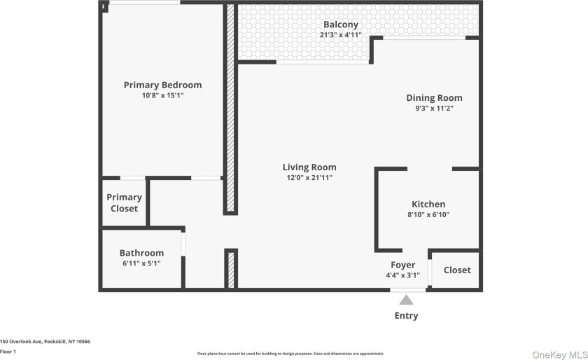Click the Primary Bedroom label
(x=162, y=85)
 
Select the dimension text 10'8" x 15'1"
(x=162, y=96)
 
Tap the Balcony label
(x=341, y=25)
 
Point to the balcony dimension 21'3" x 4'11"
(x=341, y=35)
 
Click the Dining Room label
(x=434, y=98)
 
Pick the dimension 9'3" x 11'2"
(x=434, y=109)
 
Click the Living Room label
(x=309, y=167)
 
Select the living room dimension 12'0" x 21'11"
(x=309, y=178)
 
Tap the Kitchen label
(x=428, y=204)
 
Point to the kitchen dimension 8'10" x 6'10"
(x=428, y=215)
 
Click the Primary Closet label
(x=124, y=203)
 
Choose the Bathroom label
(x=141, y=253)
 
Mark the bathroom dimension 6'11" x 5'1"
(x=141, y=264)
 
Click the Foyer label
(x=402, y=265)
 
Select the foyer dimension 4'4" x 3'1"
(x=402, y=275)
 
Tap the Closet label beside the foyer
(x=457, y=270)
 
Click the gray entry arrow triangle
(x=406, y=300)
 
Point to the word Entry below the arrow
(x=406, y=316)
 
